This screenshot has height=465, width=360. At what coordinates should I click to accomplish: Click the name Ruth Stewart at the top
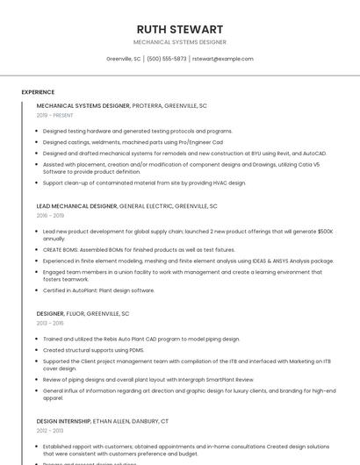179,29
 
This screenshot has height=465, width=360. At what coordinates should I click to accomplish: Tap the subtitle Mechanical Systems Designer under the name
179,42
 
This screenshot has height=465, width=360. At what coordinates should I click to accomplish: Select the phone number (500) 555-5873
166,59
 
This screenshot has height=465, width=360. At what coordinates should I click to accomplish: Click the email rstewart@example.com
222,59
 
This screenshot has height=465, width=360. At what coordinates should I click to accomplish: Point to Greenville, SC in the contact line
123,59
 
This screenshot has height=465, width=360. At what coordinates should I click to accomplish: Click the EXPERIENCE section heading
38,91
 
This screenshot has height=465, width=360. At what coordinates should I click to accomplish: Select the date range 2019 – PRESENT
55,115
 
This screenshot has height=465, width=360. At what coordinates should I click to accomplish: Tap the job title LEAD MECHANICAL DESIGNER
76,206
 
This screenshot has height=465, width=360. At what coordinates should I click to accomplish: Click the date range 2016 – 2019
50,215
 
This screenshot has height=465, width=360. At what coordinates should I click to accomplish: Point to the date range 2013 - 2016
50,323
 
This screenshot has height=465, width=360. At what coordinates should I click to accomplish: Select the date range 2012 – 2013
50,431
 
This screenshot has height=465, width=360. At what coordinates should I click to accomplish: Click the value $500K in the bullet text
324,231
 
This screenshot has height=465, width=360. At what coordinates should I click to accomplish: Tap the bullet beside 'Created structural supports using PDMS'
36,349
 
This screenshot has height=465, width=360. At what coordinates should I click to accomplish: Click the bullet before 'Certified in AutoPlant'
36,290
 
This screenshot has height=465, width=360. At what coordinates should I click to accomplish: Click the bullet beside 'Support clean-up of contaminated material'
36,182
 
